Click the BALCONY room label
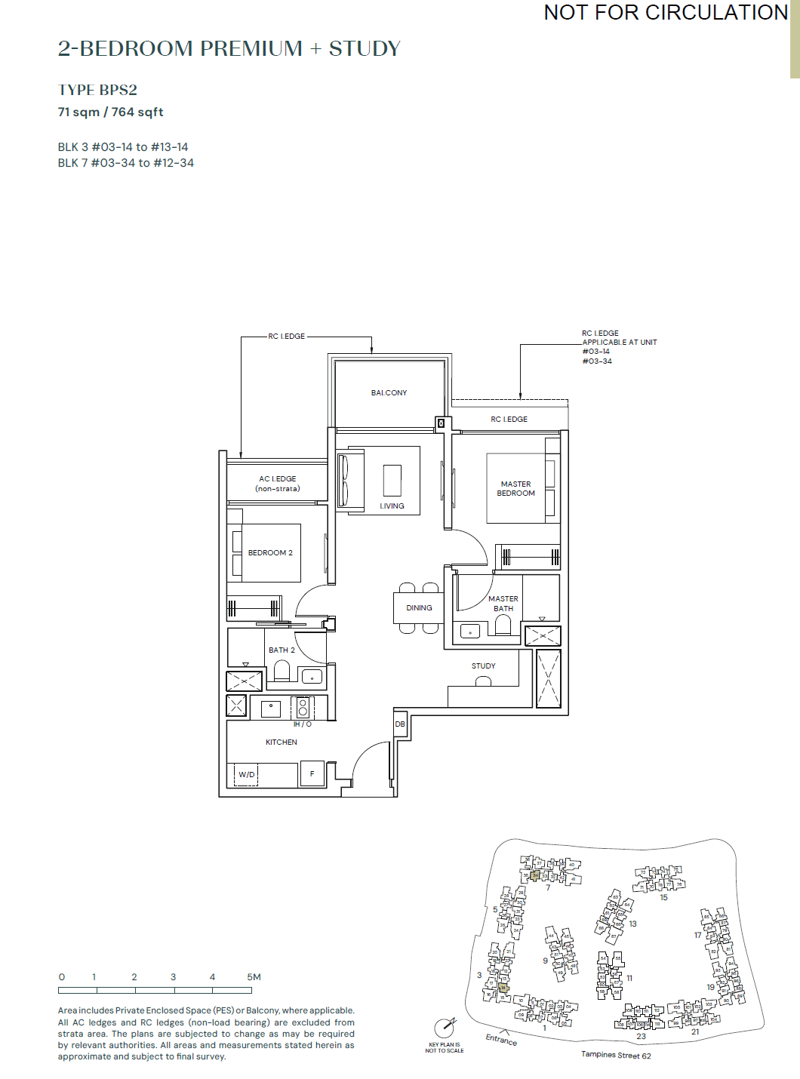coord(389,393)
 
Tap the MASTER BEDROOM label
coord(515,489)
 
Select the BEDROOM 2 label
coord(270,553)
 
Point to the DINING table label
coord(419,608)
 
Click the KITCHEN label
coord(282,742)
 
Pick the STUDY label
coord(483,666)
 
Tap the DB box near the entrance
coord(400,724)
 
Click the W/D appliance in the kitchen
coord(246,775)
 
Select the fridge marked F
coord(312,774)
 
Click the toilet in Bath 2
coord(282,671)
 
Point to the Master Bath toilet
coord(503,626)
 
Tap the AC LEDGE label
coord(278,484)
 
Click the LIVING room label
coord(392,506)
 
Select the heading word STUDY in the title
coord(365,49)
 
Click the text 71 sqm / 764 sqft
coord(111,112)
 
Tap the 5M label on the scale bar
coord(254,977)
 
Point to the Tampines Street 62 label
coord(616,1055)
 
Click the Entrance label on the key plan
coord(501,1040)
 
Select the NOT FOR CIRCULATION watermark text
coord(666,13)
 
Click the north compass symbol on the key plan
coord(445,1027)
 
